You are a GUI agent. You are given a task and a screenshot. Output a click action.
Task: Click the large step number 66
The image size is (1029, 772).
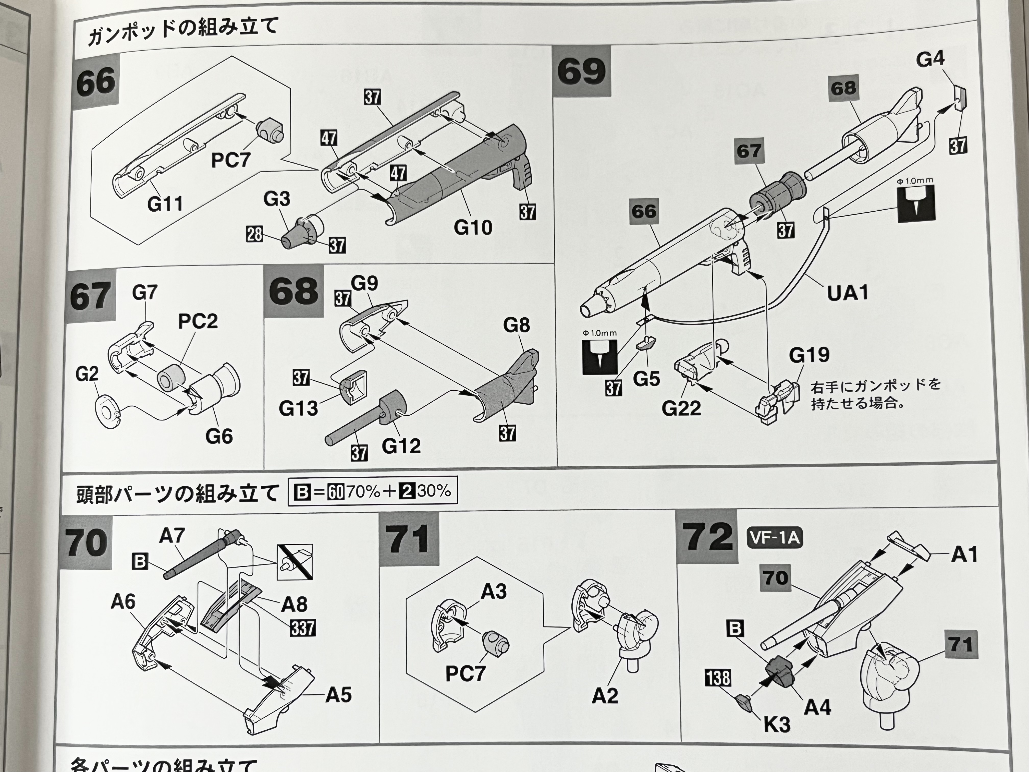pos(95,82)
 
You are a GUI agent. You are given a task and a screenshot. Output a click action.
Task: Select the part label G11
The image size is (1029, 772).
pos(165,204)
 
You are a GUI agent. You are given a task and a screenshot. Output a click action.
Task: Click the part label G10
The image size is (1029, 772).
pos(473,227)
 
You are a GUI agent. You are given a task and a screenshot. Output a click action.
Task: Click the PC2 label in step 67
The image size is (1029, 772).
pos(198,321)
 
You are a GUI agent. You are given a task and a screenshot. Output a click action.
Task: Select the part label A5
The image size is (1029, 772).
pos(338,695)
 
